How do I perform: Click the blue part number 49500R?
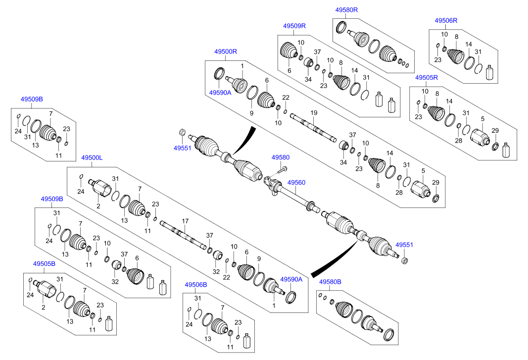226,51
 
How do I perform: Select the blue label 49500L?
92,157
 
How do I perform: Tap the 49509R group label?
294,26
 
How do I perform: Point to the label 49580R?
346,9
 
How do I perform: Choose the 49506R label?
446,20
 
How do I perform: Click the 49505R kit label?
426,78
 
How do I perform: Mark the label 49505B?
44,264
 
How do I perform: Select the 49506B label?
196,285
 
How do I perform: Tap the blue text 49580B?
330,282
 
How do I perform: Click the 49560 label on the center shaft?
296,183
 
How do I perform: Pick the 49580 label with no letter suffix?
280,157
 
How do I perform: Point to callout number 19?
313,113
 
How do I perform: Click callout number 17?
186,221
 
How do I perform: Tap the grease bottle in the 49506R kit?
490,72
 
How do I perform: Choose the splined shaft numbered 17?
183,234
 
